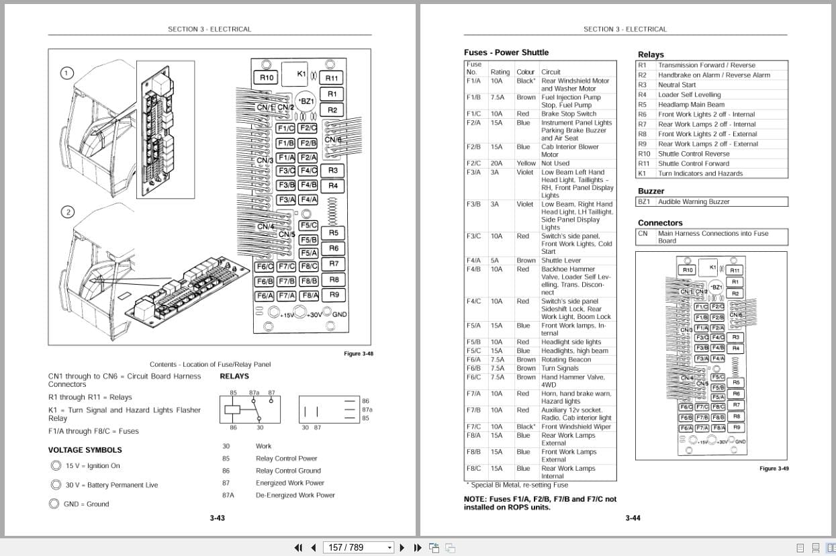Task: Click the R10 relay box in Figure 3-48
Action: (267, 78)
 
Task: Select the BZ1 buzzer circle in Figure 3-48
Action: (306, 101)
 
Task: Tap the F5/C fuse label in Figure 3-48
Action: (308, 226)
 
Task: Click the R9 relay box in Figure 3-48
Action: (334, 294)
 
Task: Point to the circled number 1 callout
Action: (66, 73)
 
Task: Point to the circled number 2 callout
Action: (66, 212)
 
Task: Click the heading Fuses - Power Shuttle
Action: (506, 52)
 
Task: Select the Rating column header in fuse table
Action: (500, 72)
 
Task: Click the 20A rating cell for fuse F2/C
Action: (496, 163)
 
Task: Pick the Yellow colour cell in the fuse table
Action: (526, 163)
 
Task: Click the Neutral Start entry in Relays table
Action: (676, 85)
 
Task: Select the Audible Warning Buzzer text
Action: (693, 201)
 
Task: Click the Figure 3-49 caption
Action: (774, 468)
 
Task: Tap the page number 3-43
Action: (217, 518)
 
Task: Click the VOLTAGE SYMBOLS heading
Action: (85, 450)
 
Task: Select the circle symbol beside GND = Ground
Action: (54, 504)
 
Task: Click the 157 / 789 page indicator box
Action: (359, 547)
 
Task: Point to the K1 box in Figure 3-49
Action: (712, 267)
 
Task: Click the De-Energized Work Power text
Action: (295, 495)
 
